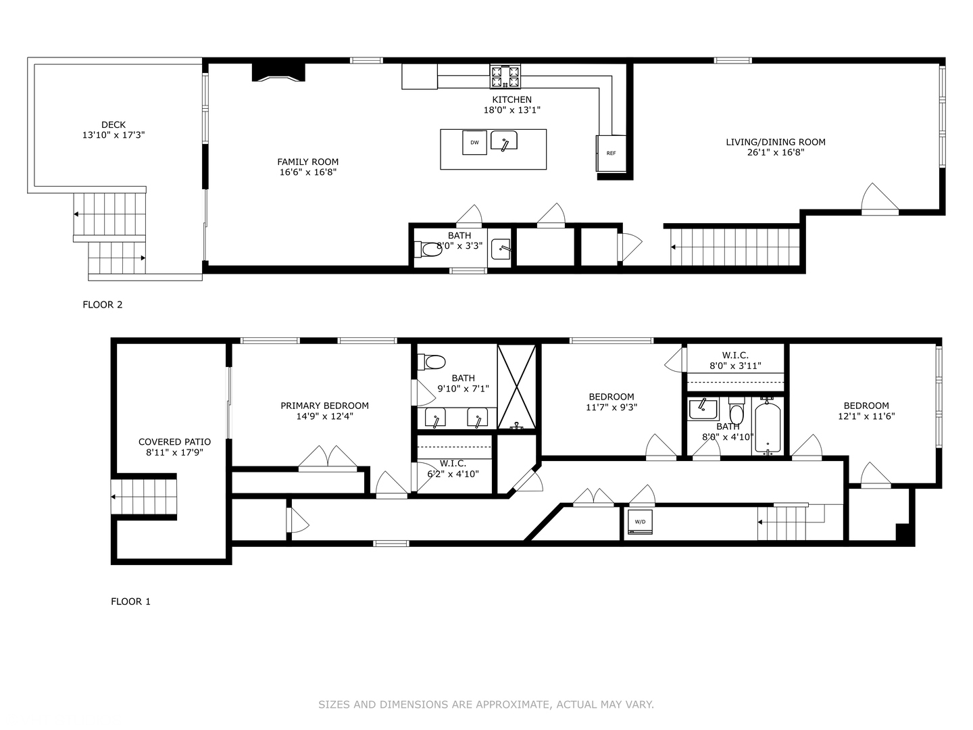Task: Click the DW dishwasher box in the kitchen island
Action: pyautogui.click(x=474, y=142)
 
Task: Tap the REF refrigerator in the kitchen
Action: pyautogui.click(x=611, y=153)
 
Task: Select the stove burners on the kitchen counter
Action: pyautogui.click(x=505, y=76)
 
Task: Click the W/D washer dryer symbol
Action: pyautogui.click(x=640, y=522)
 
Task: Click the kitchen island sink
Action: pyautogui.click(x=504, y=141)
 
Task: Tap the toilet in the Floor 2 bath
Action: pyautogui.click(x=428, y=249)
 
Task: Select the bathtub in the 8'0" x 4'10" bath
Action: pyautogui.click(x=768, y=427)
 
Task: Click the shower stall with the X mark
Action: pyautogui.click(x=516, y=387)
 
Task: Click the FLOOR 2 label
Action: pyautogui.click(x=103, y=304)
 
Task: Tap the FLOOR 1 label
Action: pyautogui.click(x=130, y=602)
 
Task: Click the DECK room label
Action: pyautogui.click(x=114, y=125)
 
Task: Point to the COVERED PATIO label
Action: pyautogui.click(x=174, y=442)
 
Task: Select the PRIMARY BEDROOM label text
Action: pyautogui.click(x=324, y=406)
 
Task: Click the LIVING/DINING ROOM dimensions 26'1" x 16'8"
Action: pyautogui.click(x=775, y=153)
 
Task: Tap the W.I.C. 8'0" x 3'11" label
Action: pyautogui.click(x=735, y=360)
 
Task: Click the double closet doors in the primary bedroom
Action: pyautogui.click(x=328, y=456)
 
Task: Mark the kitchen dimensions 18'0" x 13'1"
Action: pyautogui.click(x=512, y=110)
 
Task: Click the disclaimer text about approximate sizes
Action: pyautogui.click(x=486, y=704)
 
